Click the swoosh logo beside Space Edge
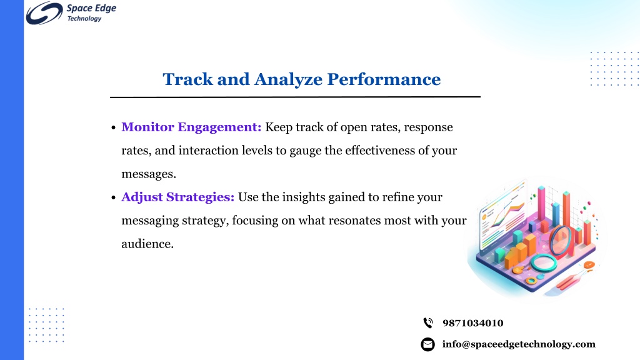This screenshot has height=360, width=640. coord(44,13)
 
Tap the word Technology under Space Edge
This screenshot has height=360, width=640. coord(84,19)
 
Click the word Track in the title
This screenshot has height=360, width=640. coord(187,79)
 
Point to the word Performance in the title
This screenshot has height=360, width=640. coord(384,79)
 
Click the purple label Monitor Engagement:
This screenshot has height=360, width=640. coord(191,127)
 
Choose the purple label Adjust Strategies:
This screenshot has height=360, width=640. coord(178,197)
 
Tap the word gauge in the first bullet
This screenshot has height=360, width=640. coord(305,151)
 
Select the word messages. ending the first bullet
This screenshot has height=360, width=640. coord(149,174)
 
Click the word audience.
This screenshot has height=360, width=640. coord(147,244)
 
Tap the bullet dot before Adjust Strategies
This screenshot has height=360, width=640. coord(114,198)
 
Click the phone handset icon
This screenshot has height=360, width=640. coord(427,323)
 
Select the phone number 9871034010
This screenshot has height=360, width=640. coord(473,323)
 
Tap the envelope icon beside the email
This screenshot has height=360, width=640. coord(427,344)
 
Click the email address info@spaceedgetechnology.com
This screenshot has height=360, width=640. coord(519,344)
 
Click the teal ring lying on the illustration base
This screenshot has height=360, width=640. coord(544,262)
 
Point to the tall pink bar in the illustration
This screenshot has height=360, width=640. coord(542,205)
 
